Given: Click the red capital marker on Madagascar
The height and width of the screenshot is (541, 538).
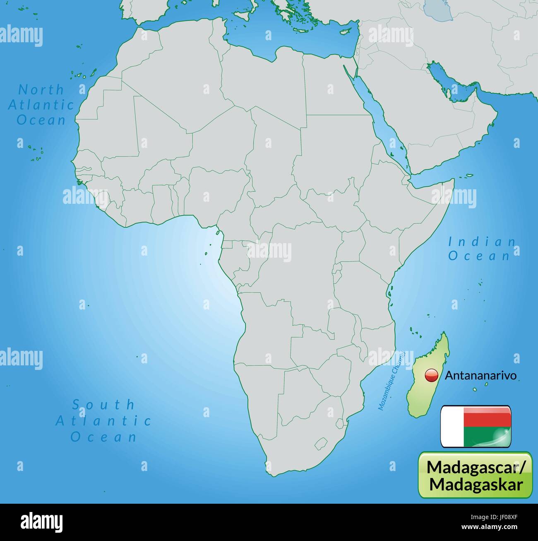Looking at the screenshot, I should (431, 375).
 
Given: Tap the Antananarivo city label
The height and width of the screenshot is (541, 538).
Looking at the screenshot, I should (480, 376).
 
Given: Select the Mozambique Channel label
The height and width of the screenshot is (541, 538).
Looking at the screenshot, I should (391, 381).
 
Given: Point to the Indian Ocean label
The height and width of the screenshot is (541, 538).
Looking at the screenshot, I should (482, 249).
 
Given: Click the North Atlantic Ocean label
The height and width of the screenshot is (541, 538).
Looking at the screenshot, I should (41, 105).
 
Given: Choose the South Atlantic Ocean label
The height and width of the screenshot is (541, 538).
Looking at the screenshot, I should (103, 420).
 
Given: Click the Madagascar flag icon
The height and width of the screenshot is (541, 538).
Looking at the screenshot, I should (475, 427).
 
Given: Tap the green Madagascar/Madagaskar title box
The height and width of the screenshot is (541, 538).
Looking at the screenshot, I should (475, 474).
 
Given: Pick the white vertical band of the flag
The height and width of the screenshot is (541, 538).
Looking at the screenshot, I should (452, 427).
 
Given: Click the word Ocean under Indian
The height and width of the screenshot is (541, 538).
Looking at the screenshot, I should (479, 256).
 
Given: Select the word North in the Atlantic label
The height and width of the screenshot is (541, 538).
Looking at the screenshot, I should (41, 89).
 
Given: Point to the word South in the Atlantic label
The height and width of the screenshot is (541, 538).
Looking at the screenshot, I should (103, 404).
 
